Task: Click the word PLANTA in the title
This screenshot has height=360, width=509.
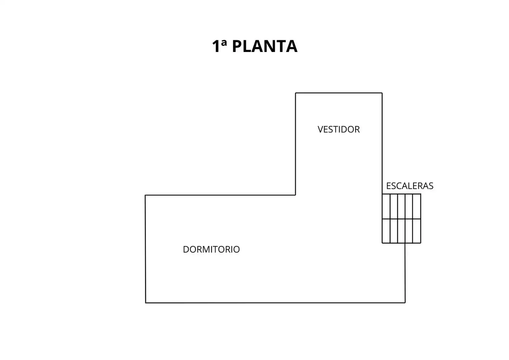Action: tap(265, 46)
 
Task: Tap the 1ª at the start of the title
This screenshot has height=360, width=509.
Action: tap(220, 46)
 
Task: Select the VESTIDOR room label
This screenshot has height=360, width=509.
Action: tap(338, 129)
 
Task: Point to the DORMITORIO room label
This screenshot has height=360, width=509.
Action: tap(211, 249)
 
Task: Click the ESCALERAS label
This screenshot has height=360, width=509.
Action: tap(410, 186)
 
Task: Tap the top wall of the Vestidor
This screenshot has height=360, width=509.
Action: tap(339, 93)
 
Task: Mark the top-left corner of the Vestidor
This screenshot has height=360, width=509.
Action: tap(295, 93)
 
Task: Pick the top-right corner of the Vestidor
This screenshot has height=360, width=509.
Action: tap(382, 93)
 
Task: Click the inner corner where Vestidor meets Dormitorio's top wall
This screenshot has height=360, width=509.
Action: tap(295, 195)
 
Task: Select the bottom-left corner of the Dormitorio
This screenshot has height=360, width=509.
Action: tap(146, 303)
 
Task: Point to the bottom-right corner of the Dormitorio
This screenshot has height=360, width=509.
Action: tap(405, 303)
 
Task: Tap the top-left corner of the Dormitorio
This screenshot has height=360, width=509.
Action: tap(146, 195)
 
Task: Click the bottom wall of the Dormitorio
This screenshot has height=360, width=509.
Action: tap(275, 303)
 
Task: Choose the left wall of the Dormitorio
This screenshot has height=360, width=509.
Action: tap(146, 249)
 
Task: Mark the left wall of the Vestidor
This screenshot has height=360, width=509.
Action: tap(295, 144)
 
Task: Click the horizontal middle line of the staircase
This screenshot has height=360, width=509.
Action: tap(401, 219)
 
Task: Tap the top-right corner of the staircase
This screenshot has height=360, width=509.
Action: tap(421, 194)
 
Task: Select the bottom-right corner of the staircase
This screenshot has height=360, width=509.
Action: tap(421, 243)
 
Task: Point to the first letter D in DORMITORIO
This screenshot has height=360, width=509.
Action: tap(186, 249)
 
